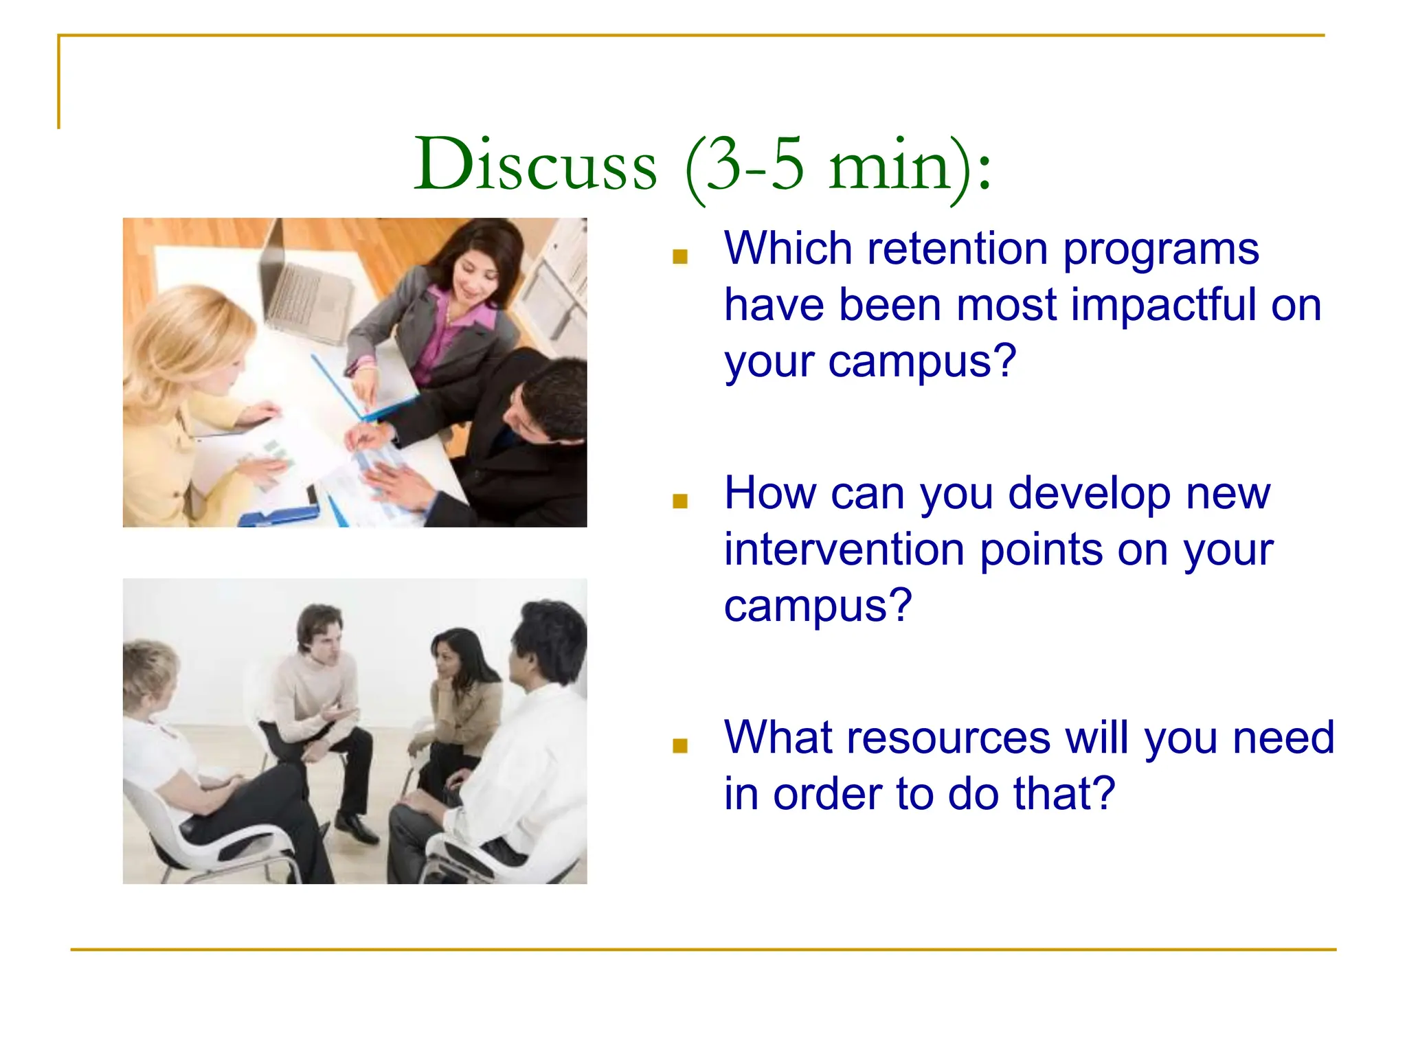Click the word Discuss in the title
(x=535, y=165)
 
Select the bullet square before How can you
(x=680, y=501)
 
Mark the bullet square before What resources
(x=680, y=746)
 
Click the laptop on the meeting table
(x=302, y=288)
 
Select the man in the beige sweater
(x=316, y=694)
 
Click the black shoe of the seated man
(x=357, y=828)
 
